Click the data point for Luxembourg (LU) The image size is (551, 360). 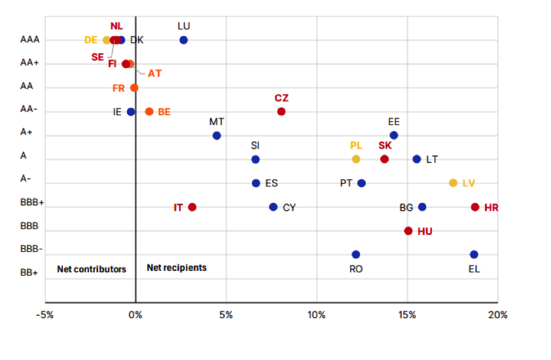pos(183,40)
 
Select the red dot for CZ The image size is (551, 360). pos(281,111)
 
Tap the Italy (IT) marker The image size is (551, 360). pos(192,207)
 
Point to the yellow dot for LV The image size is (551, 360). pos(453,183)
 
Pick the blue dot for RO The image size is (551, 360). pos(356,254)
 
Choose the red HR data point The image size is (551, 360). pos(475,207)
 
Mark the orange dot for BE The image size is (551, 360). pos(149,111)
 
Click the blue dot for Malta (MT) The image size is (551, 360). pos(217,135)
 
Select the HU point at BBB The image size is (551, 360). pos(408,230)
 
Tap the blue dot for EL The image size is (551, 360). pos(474,254)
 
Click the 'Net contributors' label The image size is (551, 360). pos(92,269)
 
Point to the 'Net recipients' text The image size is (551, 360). pos(177,268)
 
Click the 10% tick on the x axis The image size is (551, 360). pos(317,315)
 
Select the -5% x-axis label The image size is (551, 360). pos(44,315)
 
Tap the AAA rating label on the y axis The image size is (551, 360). pos(30,40)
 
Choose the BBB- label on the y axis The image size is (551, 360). pos(32,249)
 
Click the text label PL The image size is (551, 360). pos(356,145)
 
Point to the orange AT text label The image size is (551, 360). pos(154,73)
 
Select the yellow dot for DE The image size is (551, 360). pos(107,40)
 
